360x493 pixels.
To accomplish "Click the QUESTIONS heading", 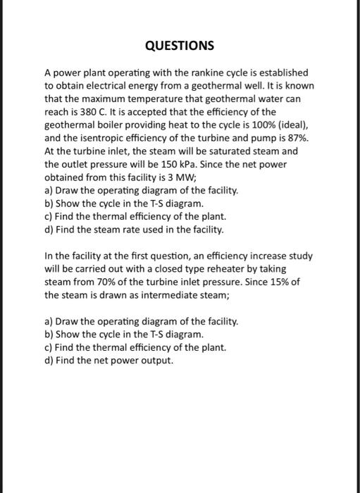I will click(179, 46).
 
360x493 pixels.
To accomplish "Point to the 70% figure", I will click(97, 280).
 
